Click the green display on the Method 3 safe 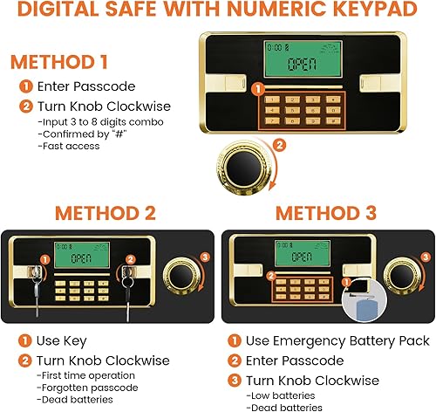[x=301, y=255]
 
